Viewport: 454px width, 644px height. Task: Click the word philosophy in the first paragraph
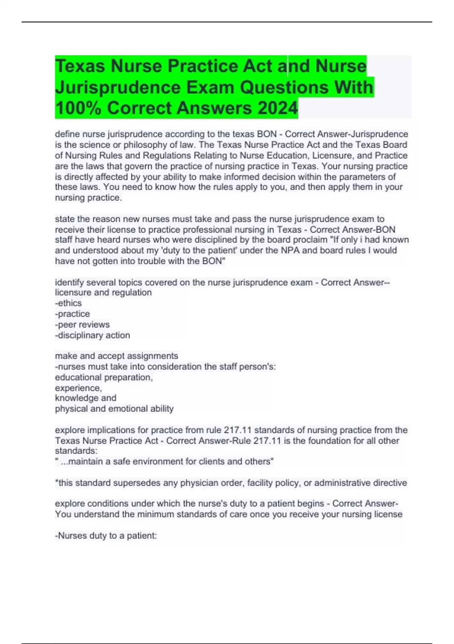(143, 145)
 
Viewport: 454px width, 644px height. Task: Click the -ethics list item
(68, 303)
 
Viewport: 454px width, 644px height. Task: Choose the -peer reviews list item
(82, 324)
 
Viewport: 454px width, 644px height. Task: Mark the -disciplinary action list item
(93, 335)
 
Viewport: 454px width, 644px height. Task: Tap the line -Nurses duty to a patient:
(106, 536)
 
